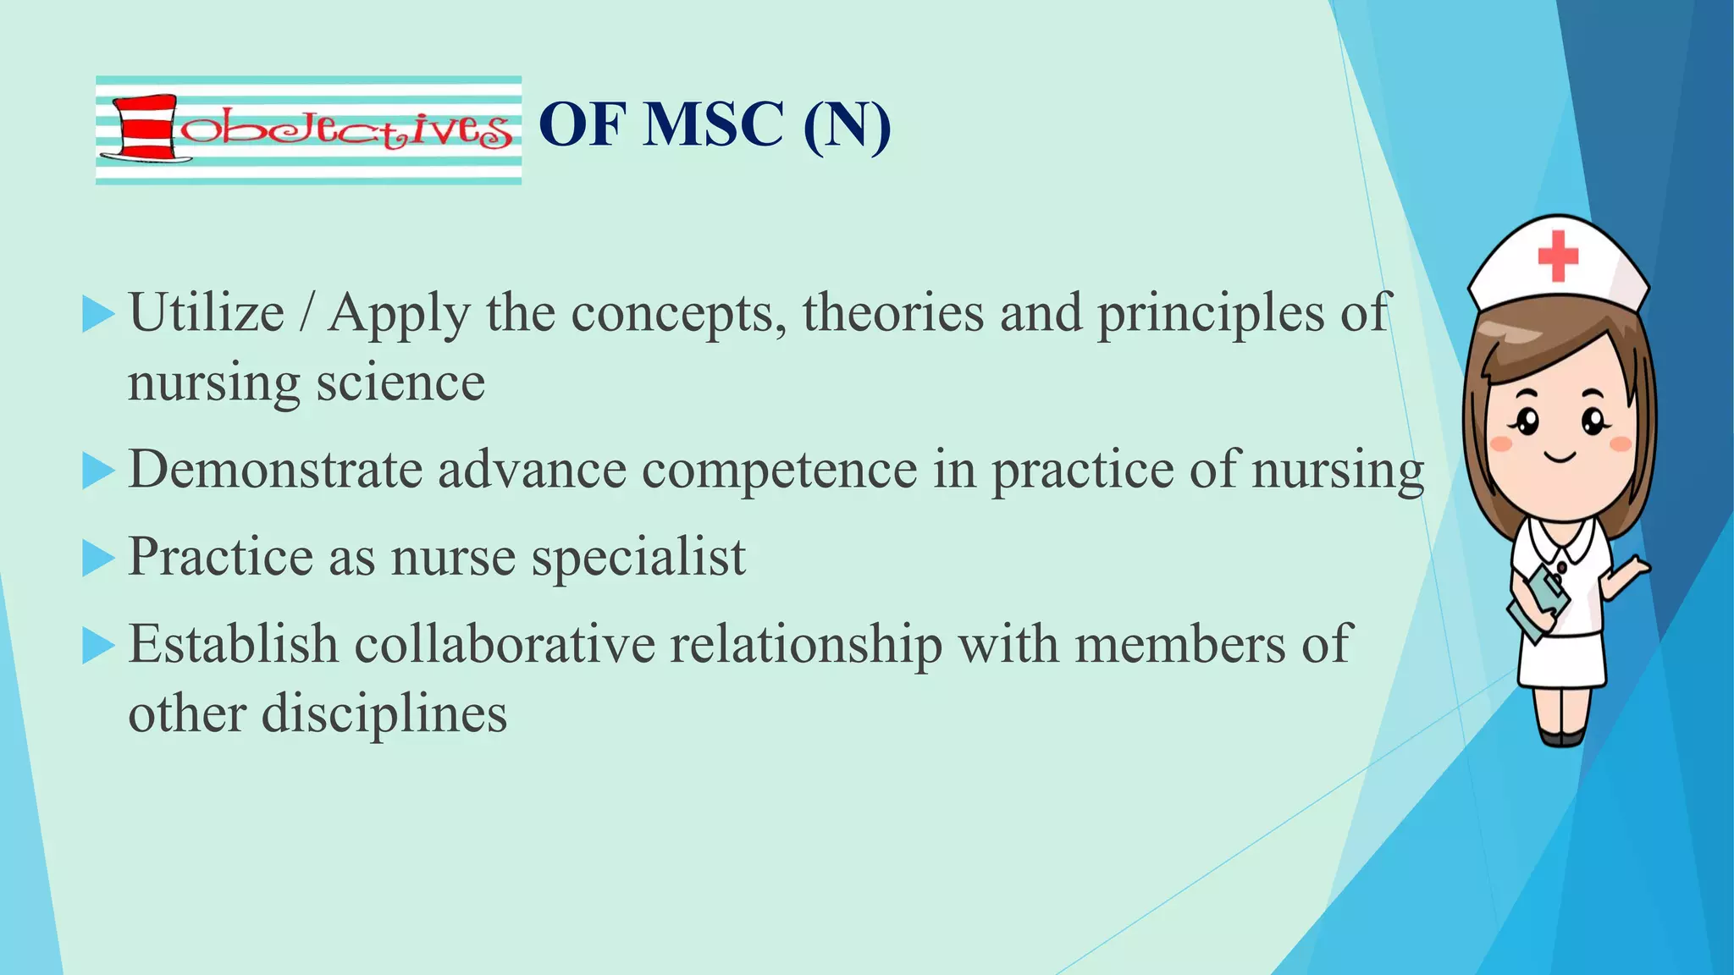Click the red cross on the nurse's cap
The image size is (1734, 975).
(x=1558, y=255)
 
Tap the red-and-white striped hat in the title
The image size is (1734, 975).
(x=146, y=128)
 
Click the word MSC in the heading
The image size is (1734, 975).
(x=713, y=125)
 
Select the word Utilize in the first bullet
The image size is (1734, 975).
(x=207, y=312)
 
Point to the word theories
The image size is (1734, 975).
(x=893, y=312)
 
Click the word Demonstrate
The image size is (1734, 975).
(x=275, y=469)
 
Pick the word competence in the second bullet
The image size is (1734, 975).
(x=779, y=471)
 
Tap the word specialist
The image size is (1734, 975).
(x=638, y=558)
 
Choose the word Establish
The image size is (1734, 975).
(x=234, y=644)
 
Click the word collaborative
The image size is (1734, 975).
(x=505, y=644)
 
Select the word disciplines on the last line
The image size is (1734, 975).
(x=384, y=713)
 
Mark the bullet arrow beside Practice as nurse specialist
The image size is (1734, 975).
(x=98, y=559)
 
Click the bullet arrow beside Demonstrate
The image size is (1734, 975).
(x=98, y=471)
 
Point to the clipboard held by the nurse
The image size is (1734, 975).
(x=1538, y=602)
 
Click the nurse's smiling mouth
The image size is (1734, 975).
(x=1560, y=458)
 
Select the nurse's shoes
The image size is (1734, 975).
(x=1562, y=737)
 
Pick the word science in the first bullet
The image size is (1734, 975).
(x=400, y=383)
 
